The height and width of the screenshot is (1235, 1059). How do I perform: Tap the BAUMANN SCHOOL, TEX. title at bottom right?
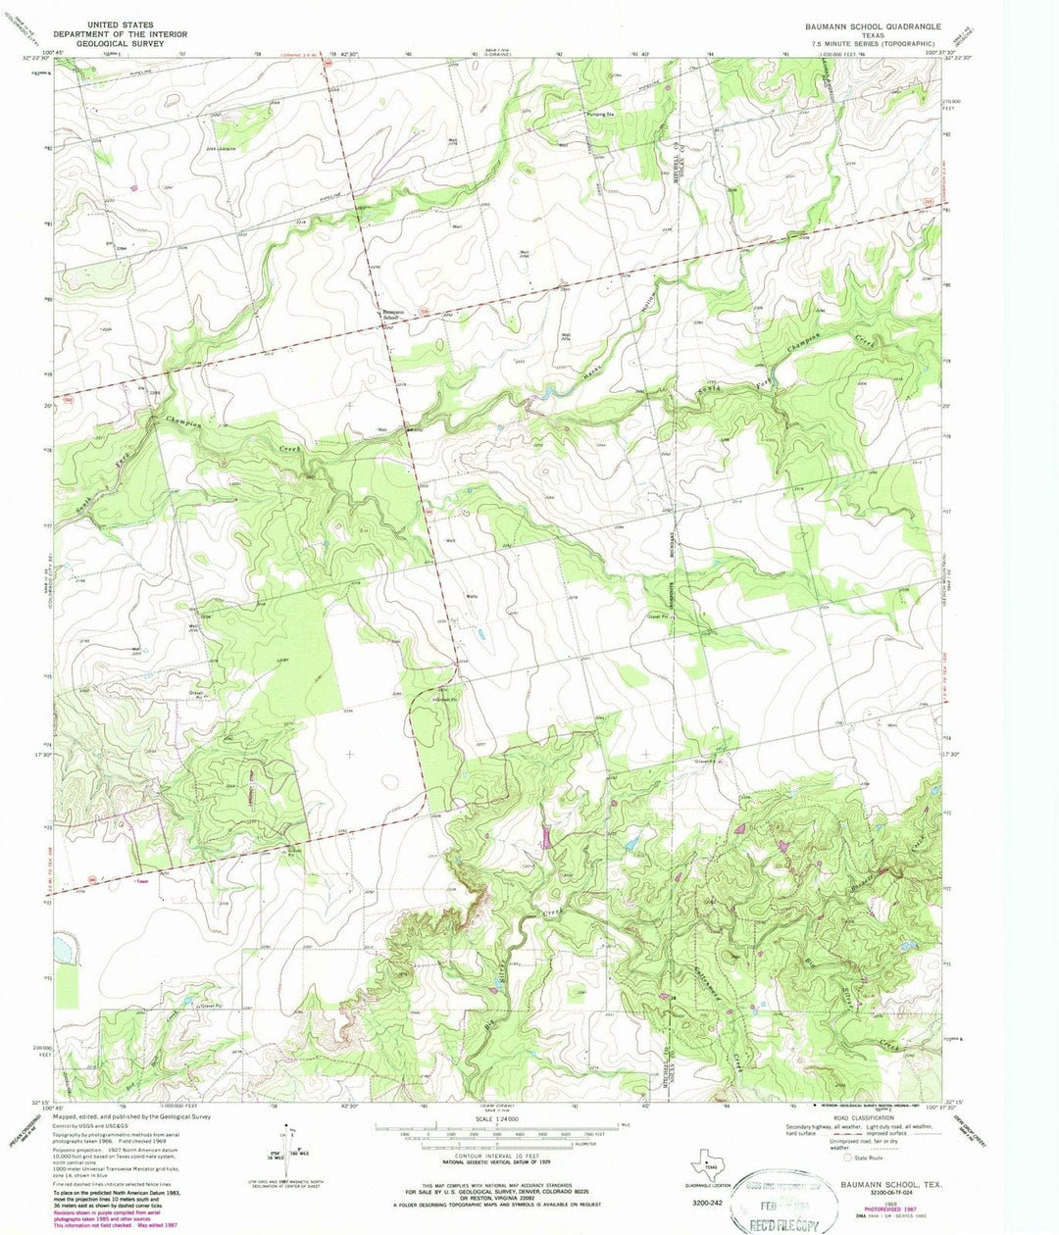[x=884, y=1184]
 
